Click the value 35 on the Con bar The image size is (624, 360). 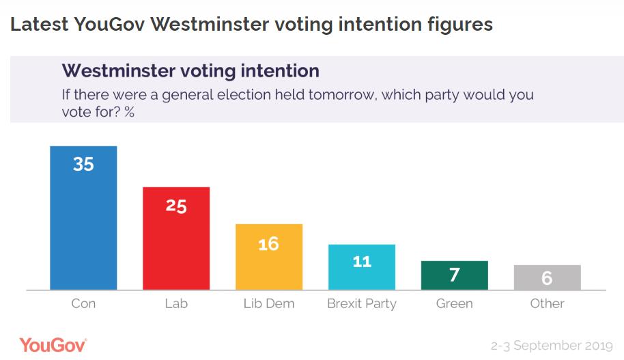pyautogui.click(x=83, y=164)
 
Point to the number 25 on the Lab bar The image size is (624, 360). pyautogui.click(x=176, y=205)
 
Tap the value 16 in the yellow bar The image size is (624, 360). pyautogui.click(x=269, y=243)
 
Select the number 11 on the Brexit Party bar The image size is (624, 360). pyautogui.click(x=362, y=261)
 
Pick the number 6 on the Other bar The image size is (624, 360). pyautogui.click(x=548, y=279)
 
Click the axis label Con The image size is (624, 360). pyautogui.click(x=83, y=303)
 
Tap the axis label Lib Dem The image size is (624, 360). pyautogui.click(x=269, y=303)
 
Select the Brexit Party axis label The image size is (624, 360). pyautogui.click(x=362, y=303)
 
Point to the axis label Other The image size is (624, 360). pyautogui.click(x=548, y=303)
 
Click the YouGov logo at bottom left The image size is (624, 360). pyautogui.click(x=53, y=345)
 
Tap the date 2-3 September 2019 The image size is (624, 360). pyautogui.click(x=552, y=346)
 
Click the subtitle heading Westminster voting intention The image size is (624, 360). pyautogui.click(x=190, y=71)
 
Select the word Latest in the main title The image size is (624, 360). pyautogui.click(x=38, y=25)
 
